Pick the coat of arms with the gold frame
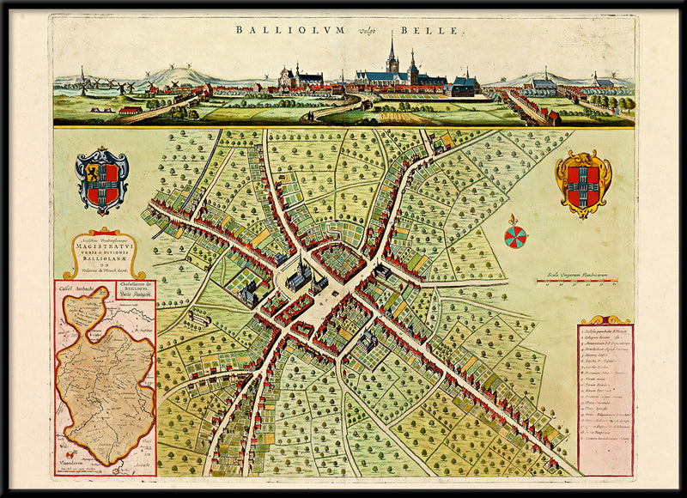pyautogui.click(x=583, y=183)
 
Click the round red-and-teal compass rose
pyautogui.click(x=516, y=237)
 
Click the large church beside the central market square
pyautogui.click(x=299, y=277)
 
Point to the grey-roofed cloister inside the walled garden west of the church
pyautogui.click(x=249, y=295)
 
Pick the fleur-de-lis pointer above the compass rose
pyautogui.click(x=514, y=220)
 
